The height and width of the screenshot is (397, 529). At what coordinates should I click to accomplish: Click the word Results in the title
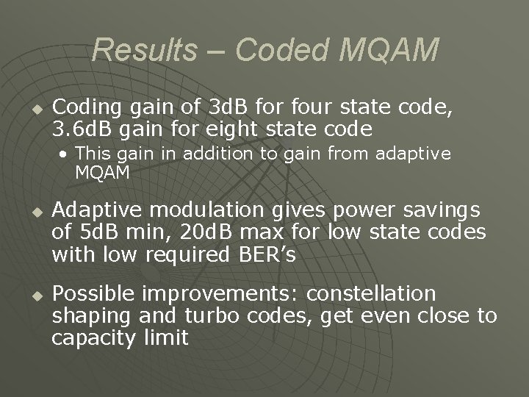click(x=145, y=51)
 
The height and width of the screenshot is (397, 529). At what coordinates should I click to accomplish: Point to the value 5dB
click(x=93, y=233)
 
